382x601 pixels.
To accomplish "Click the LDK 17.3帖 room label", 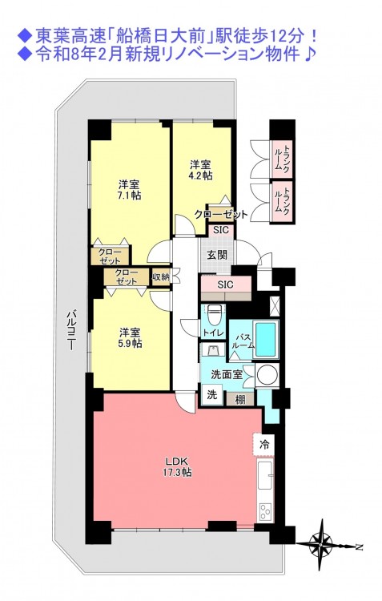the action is tap(178, 466).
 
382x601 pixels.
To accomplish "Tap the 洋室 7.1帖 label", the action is tap(130, 189).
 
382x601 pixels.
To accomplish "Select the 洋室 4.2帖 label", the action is tap(201, 170).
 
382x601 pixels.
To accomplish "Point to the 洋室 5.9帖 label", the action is tap(131, 337).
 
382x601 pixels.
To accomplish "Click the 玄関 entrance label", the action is tap(217, 255).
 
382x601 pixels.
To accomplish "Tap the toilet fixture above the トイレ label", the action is tap(212, 313).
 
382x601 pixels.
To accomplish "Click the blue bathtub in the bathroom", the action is tap(265, 338).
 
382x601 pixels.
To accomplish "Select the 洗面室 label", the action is tap(227, 374).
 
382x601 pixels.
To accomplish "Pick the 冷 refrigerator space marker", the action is tap(264, 445).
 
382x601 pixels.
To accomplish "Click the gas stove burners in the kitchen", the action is tap(265, 510).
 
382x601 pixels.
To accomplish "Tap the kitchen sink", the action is tap(264, 475).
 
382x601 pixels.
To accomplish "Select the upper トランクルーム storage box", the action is tap(283, 159).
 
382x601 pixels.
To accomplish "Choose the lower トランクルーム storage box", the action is tap(283, 202).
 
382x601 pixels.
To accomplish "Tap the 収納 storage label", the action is tap(160, 276).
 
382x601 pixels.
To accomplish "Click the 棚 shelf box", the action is tap(240, 400).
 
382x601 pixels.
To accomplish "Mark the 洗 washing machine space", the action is tap(212, 394).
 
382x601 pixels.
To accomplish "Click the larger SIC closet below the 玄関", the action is tap(226, 284).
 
